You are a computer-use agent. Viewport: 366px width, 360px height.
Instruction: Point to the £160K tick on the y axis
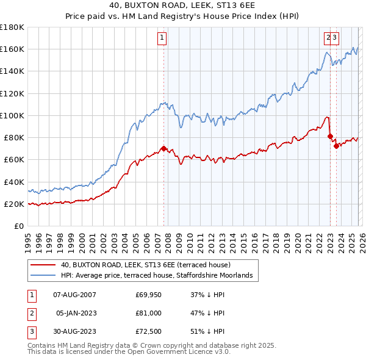12,49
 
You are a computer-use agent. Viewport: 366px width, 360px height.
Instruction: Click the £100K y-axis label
12,115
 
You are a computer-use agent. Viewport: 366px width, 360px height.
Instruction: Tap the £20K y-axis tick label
13,204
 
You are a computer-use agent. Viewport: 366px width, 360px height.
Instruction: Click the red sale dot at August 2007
163,148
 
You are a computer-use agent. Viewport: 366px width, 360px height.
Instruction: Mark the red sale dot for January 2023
330,136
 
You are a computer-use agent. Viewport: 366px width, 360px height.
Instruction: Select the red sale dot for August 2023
336,145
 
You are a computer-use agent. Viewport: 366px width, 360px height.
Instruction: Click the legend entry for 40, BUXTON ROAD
145,265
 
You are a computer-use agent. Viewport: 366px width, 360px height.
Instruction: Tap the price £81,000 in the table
148,313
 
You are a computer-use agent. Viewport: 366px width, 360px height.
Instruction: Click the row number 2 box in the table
30,313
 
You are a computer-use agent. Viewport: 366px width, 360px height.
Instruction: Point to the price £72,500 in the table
148,331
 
